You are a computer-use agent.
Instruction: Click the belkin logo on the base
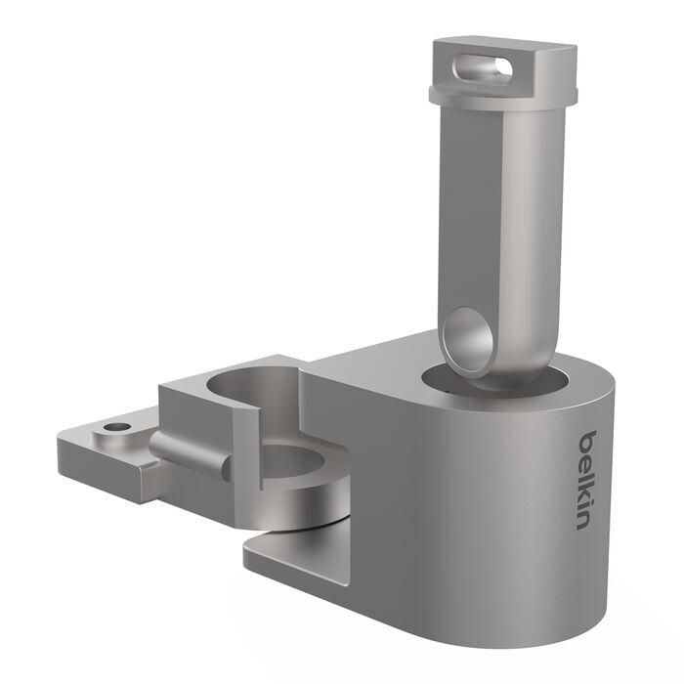click(x=584, y=480)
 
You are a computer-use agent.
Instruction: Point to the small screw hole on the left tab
click(x=119, y=428)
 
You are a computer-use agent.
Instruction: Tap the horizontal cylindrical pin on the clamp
click(x=191, y=451)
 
